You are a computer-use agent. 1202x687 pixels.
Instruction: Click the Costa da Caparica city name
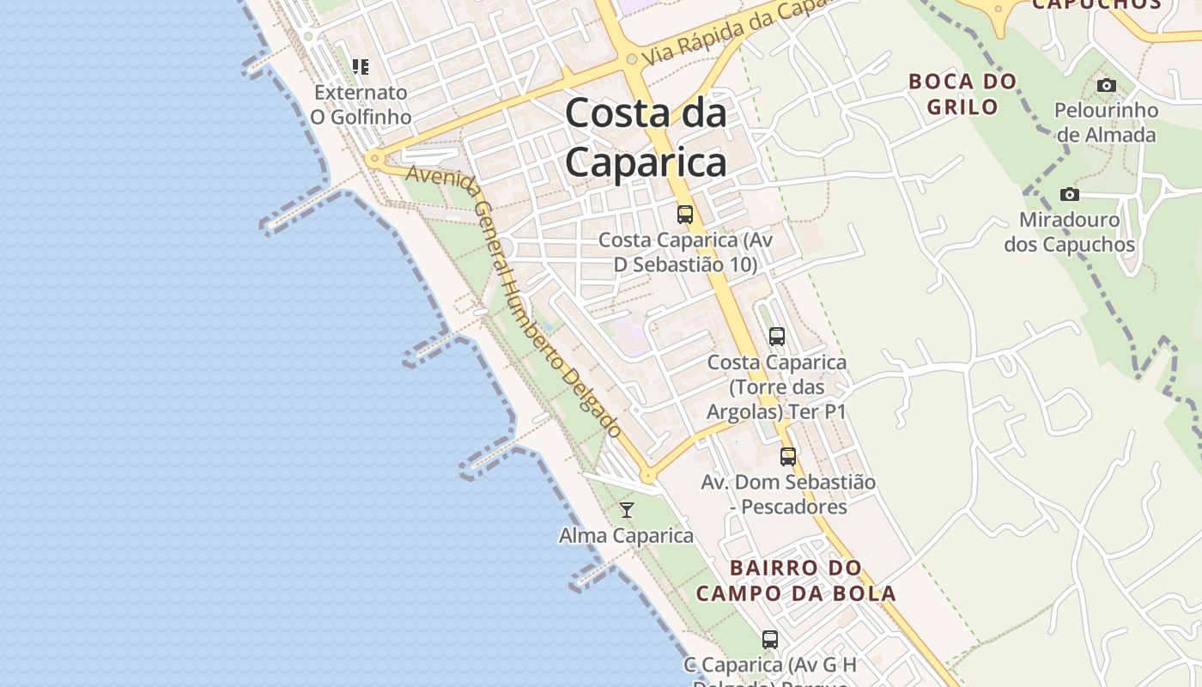tap(646, 137)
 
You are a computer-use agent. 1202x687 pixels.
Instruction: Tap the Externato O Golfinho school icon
tap(361, 66)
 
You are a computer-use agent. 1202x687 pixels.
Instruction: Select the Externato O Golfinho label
tap(361, 104)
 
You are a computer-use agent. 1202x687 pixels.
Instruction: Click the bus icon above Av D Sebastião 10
tap(685, 215)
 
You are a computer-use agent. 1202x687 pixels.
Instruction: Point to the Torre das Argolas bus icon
tap(777, 337)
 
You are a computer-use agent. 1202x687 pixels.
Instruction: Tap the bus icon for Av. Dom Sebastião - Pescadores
tap(788, 457)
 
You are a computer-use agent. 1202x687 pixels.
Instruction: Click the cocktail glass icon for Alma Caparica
tap(627, 510)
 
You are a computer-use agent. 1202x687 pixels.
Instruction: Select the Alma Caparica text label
tap(626, 536)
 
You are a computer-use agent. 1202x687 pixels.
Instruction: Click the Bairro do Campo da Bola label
tap(796, 581)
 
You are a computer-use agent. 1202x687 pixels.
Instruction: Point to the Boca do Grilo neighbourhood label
tap(962, 94)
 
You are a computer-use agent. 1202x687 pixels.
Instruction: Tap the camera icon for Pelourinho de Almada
tap(1107, 85)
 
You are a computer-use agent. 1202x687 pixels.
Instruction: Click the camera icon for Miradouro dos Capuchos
tap(1069, 194)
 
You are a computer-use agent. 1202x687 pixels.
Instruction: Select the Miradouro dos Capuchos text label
tap(1069, 232)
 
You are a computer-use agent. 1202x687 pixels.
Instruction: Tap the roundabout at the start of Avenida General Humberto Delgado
tap(373, 159)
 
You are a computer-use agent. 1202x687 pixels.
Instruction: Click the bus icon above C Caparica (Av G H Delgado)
tap(770, 639)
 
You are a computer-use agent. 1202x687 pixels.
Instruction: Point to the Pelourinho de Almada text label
tap(1107, 122)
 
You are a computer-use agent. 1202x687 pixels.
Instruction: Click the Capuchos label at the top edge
tap(1096, 4)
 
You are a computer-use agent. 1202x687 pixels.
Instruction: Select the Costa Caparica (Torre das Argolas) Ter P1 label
tap(777, 387)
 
